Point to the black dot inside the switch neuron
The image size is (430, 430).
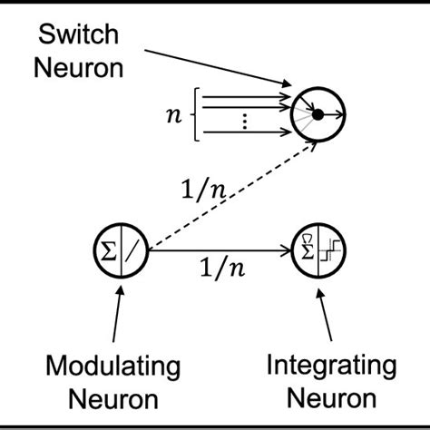click(318, 114)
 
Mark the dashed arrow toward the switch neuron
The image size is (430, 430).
click(222, 191)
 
